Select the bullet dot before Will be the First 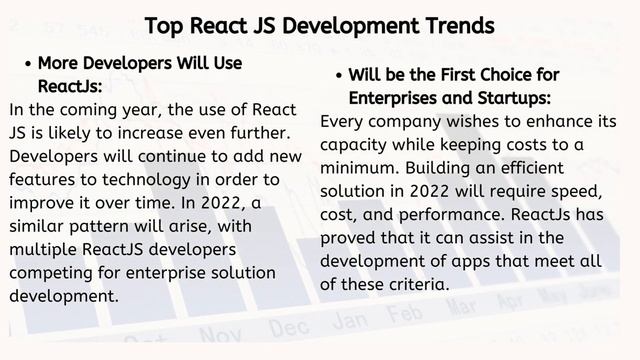coord(339,76)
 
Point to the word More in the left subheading coord(57,64)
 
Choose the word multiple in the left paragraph coord(44,249)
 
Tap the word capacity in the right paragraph coord(358,145)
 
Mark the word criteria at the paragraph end coord(412,284)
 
